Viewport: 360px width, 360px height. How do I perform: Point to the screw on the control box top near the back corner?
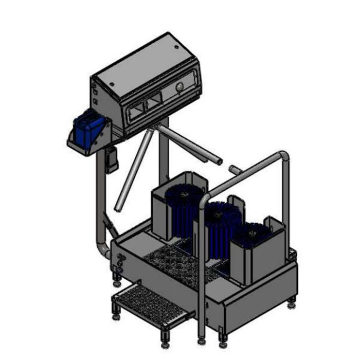(176, 46)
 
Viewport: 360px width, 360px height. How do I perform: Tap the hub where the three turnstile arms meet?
(154, 129)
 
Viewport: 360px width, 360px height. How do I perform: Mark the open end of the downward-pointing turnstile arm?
(118, 208)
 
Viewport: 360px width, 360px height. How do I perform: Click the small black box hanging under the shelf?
(112, 159)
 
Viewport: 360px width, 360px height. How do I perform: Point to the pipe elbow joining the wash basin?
(103, 250)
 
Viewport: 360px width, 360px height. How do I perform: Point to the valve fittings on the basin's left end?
(119, 262)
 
